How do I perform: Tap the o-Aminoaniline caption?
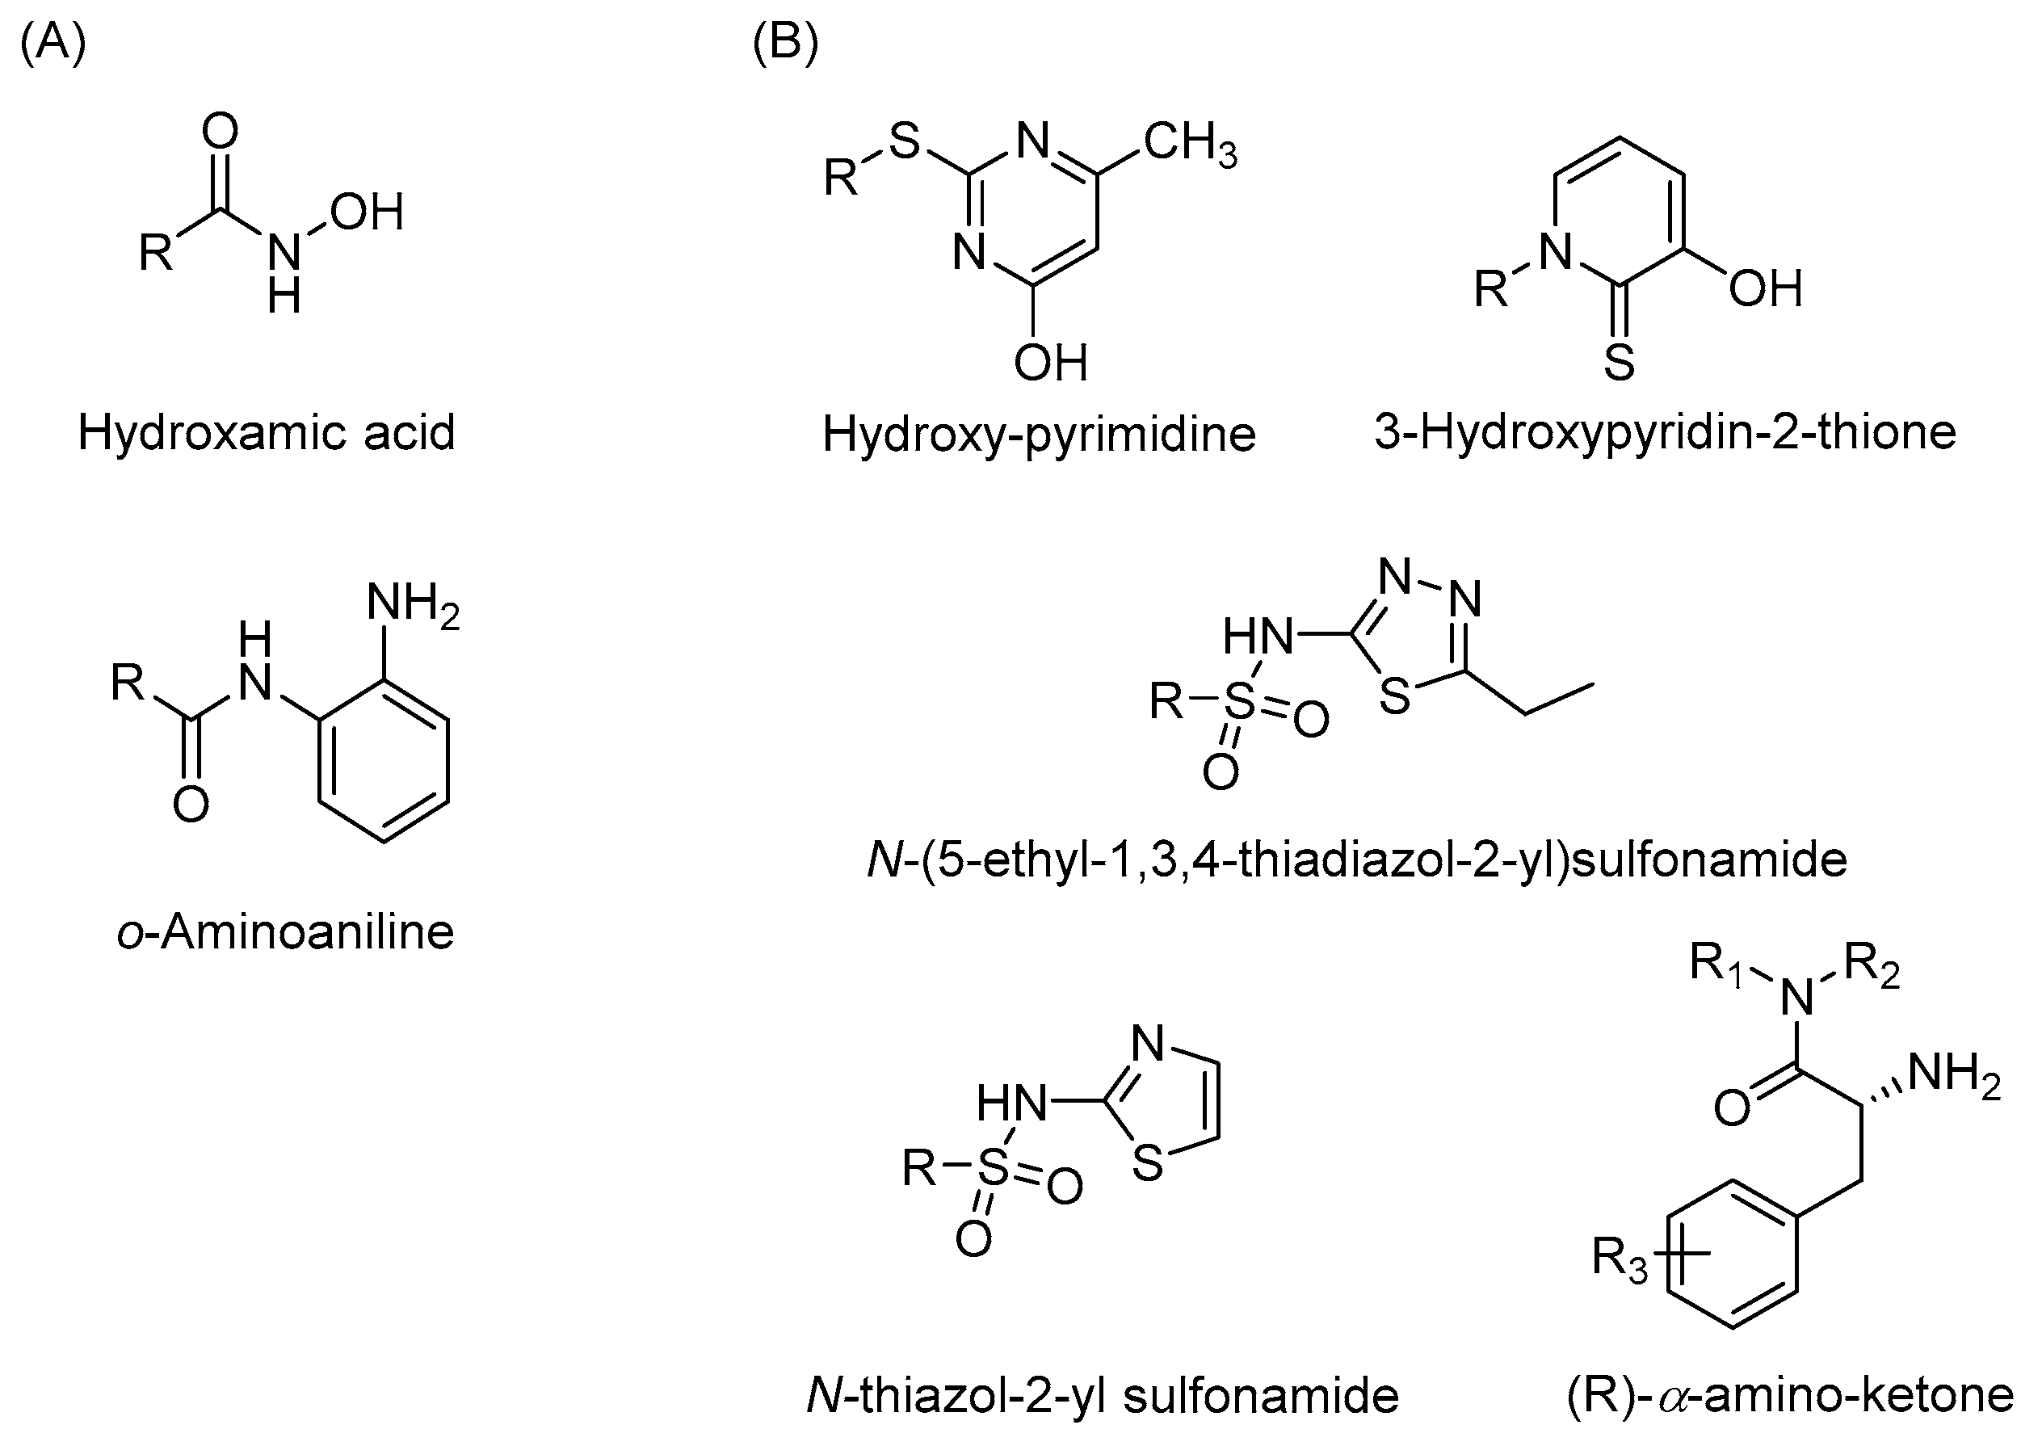coord(285,931)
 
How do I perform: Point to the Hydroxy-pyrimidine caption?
coord(1038,435)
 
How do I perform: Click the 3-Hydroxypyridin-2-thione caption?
coord(1665,433)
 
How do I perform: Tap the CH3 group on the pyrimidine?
coord(1190,145)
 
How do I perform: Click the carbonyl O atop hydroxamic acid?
coord(220,131)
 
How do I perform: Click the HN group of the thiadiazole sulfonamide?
coord(1257,636)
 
